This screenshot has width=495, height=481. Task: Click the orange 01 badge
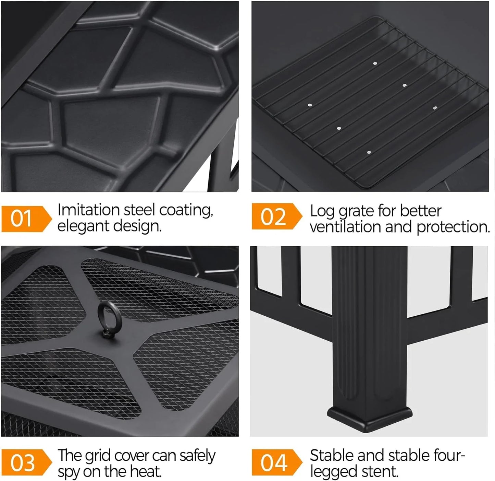[x=26, y=219]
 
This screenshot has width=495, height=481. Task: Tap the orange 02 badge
[x=277, y=216]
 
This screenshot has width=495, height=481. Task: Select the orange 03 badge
[x=26, y=463]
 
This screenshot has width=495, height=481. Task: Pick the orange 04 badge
[x=277, y=463]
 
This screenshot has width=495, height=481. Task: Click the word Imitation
[x=88, y=210]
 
